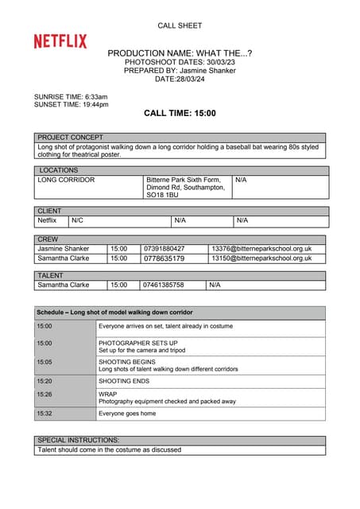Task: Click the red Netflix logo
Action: click(60, 41)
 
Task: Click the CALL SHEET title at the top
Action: click(180, 25)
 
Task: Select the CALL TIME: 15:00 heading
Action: click(180, 113)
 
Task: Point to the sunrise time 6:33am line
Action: click(71, 96)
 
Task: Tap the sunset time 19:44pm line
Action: click(72, 104)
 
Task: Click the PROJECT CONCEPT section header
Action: click(71, 138)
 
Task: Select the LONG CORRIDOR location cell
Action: click(66, 180)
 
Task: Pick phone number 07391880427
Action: click(164, 248)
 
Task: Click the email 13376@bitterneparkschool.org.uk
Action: click(261, 248)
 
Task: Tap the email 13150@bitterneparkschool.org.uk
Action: click(261, 258)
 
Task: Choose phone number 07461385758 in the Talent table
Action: click(163, 284)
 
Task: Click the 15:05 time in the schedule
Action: click(45, 361)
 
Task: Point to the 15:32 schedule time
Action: click(45, 414)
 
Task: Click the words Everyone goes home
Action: click(127, 414)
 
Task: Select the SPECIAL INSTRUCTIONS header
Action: click(79, 440)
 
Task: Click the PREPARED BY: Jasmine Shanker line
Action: click(180, 70)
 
